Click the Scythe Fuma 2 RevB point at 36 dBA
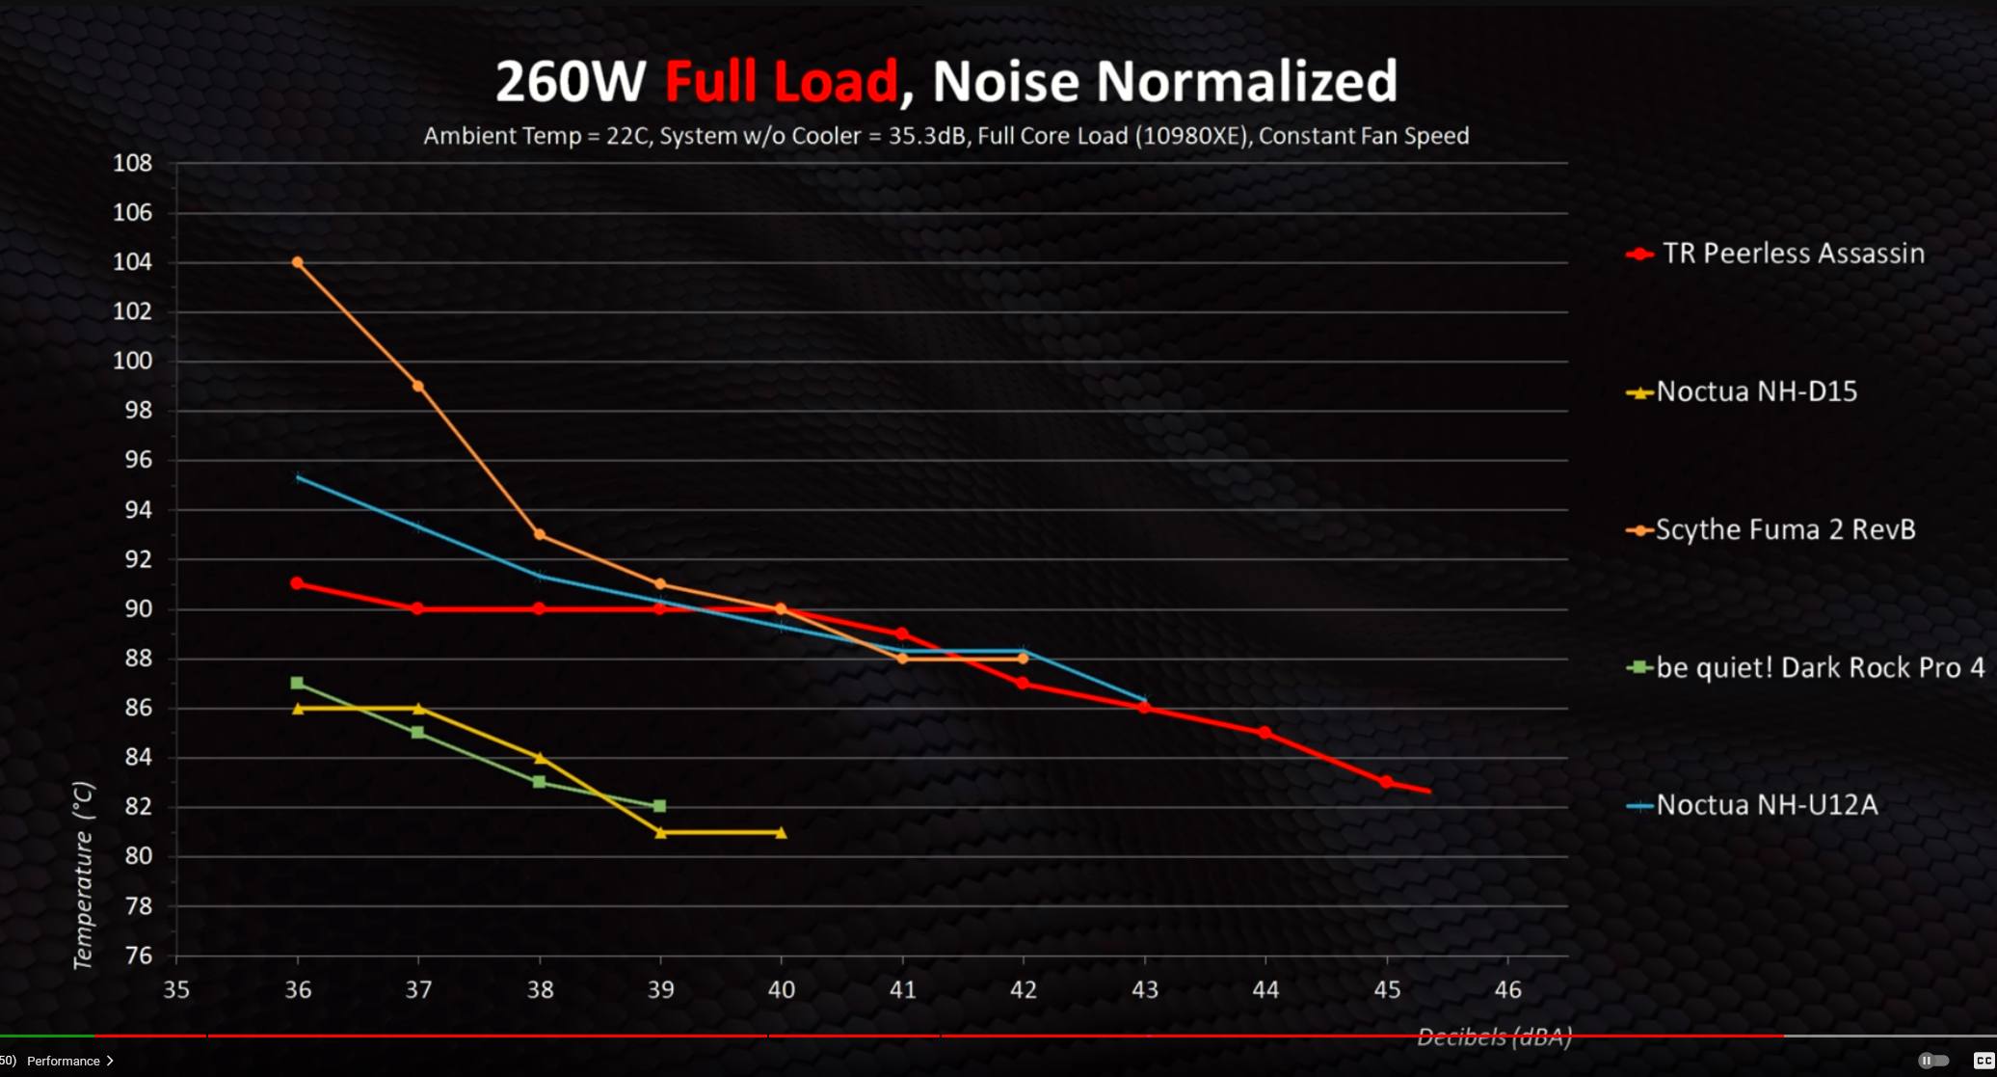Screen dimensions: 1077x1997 [x=297, y=262]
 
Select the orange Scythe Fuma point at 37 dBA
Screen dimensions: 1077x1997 [x=418, y=386]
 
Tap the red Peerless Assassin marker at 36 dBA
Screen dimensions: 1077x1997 [x=297, y=583]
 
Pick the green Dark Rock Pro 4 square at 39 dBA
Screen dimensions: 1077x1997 [x=660, y=806]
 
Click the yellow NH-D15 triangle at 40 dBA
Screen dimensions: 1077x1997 [x=781, y=833]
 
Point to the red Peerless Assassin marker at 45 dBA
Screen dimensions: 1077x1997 [x=1386, y=782]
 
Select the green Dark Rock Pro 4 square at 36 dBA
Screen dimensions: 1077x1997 [x=297, y=683]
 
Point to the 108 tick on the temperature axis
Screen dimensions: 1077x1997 [x=133, y=163]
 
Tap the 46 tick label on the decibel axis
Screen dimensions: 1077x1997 [x=1507, y=989]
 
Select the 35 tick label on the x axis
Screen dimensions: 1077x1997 [x=176, y=989]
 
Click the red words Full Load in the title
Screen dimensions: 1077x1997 [x=781, y=81]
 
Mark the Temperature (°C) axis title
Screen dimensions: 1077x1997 [x=84, y=875]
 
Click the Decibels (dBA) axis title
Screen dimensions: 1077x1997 [x=1494, y=1037]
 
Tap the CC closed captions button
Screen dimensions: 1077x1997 [x=1984, y=1061]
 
